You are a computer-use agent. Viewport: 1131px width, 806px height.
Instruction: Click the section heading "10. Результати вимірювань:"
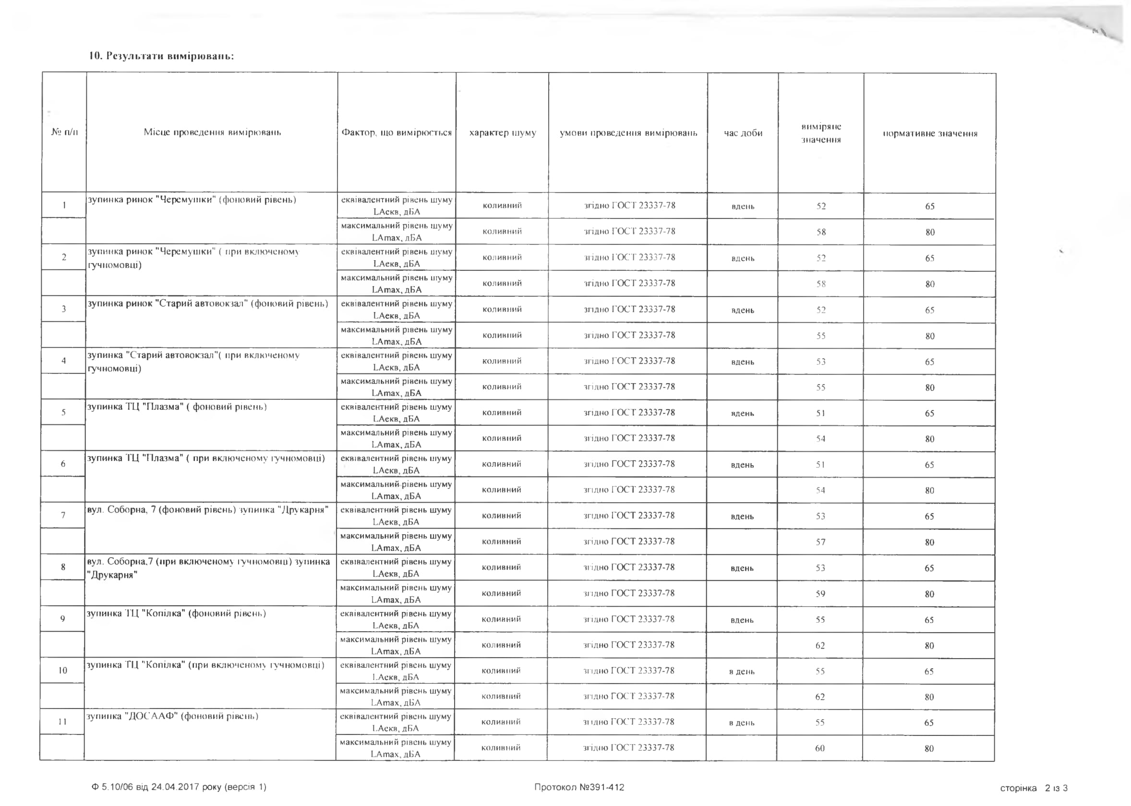point(161,56)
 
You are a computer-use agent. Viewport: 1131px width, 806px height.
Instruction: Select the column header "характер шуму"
point(502,133)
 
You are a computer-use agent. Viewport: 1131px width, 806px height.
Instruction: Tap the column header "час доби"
point(743,133)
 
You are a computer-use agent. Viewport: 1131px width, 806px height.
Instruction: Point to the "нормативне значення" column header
point(929,133)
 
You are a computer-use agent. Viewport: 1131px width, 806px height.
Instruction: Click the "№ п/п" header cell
point(64,132)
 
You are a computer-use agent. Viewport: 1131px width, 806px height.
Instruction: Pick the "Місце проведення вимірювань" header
point(212,132)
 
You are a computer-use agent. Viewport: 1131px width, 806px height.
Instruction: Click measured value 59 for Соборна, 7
point(820,594)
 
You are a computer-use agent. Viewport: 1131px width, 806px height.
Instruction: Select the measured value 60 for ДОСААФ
point(820,748)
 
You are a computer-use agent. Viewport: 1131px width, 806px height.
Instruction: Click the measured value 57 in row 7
point(820,542)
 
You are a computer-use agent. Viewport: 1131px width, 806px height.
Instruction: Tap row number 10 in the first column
point(62,671)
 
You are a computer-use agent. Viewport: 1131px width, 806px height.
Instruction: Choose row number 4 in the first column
point(63,361)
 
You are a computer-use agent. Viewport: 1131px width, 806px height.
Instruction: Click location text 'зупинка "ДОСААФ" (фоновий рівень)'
point(172,716)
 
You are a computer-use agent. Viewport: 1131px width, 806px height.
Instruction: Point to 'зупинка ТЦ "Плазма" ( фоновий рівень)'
point(177,407)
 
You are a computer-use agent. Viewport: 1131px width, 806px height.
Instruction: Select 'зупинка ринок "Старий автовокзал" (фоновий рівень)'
point(207,304)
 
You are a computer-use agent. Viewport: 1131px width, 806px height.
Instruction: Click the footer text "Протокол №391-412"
point(578,787)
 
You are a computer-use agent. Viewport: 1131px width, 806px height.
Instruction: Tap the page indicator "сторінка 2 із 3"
point(1034,788)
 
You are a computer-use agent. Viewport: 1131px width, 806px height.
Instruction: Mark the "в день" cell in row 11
point(741,723)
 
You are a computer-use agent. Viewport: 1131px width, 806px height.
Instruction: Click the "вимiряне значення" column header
point(821,133)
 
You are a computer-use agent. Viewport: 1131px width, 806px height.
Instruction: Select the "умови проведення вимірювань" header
point(628,133)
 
